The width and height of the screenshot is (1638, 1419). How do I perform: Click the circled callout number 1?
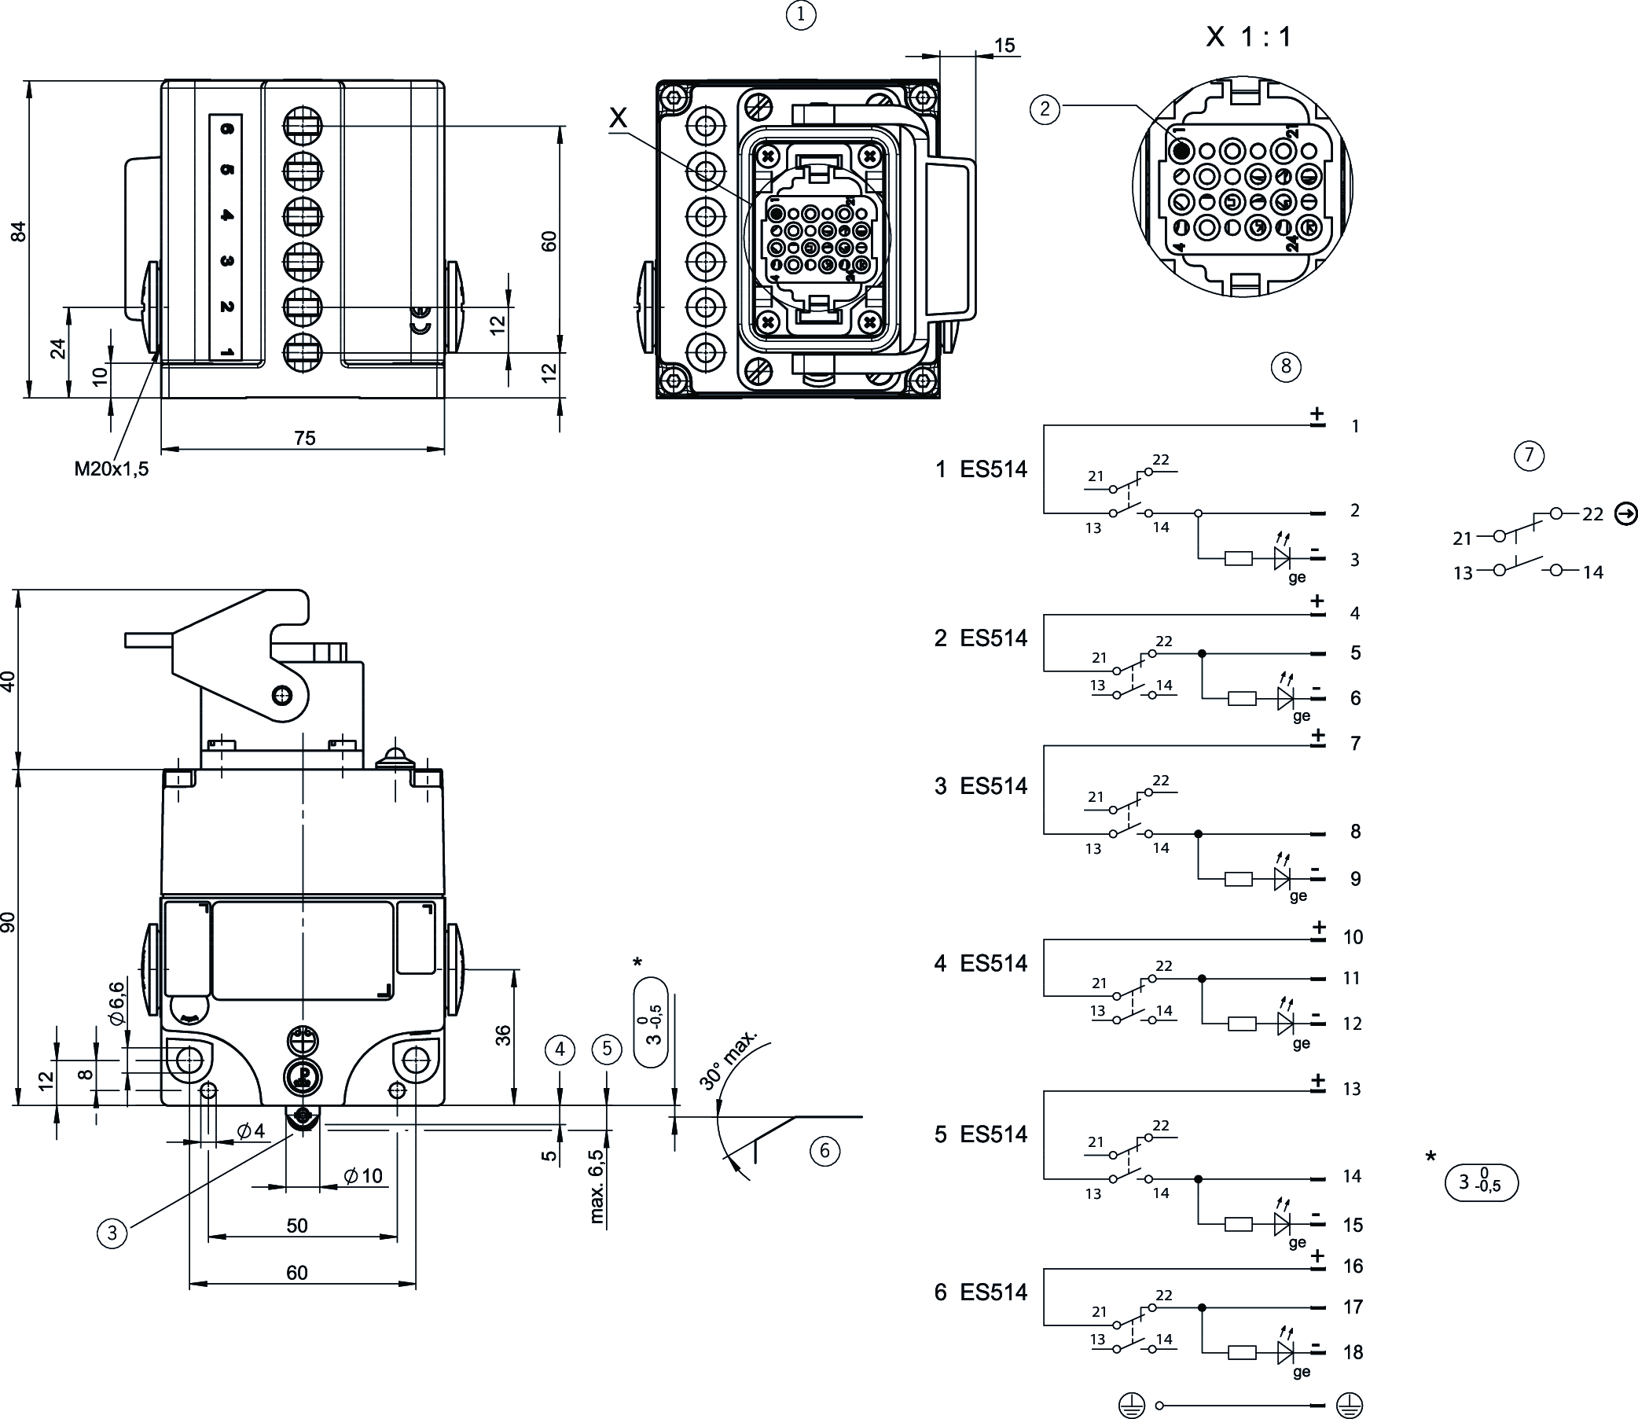pyautogui.click(x=801, y=15)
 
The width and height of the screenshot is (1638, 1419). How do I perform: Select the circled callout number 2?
pyautogui.click(x=1045, y=108)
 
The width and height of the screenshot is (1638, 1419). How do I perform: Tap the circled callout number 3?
pyautogui.click(x=112, y=1233)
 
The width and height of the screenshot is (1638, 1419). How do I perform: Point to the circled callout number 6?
pyautogui.click(x=825, y=1151)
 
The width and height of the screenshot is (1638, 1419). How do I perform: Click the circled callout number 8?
pyautogui.click(x=1286, y=366)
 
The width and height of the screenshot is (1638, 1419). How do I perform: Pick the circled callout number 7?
pyautogui.click(x=1529, y=455)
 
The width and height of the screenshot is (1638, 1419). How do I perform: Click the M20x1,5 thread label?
pyautogui.click(x=112, y=469)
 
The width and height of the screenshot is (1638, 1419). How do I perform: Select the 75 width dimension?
pyautogui.click(x=304, y=438)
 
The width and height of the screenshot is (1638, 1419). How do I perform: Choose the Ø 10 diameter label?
pyautogui.click(x=363, y=1176)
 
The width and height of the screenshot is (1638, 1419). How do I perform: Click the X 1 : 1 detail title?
pyautogui.click(x=1248, y=36)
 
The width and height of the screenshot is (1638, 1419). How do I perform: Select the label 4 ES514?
pyautogui.click(x=980, y=963)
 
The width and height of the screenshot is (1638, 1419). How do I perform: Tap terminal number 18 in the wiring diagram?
pyautogui.click(x=1353, y=1351)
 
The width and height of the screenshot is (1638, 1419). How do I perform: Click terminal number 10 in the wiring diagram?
pyautogui.click(x=1353, y=937)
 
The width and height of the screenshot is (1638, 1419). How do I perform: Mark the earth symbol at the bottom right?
pyautogui.click(x=1349, y=1405)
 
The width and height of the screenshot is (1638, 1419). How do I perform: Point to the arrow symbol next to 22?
pyautogui.click(x=1625, y=514)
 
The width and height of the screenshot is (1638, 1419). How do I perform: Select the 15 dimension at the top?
pyautogui.click(x=1004, y=45)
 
